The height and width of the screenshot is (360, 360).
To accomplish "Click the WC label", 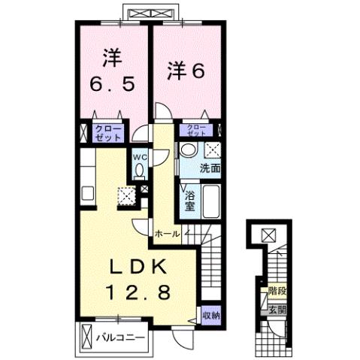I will tap(139, 157).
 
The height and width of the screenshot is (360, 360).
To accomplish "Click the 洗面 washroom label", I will tap(210, 170).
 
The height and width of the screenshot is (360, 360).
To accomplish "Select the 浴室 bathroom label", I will tap(191, 201).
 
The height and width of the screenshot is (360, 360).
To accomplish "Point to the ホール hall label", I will tap(167, 234).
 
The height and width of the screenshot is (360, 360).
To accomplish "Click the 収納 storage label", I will tap(211, 313).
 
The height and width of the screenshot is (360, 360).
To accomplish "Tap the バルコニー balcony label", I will tap(119, 337).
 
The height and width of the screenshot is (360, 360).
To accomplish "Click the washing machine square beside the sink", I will tap(212, 149).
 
